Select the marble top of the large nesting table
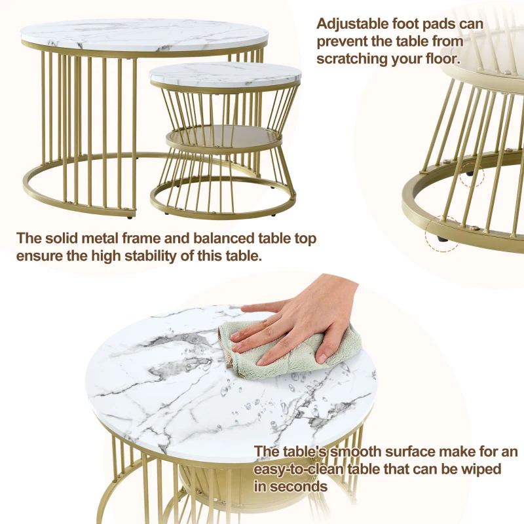[144, 33]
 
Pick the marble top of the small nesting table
[226, 73]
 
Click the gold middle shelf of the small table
[223, 138]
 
